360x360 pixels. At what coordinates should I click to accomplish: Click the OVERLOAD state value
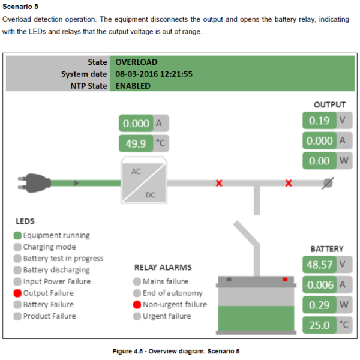click(136, 62)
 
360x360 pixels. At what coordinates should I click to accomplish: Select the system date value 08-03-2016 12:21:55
click(154, 74)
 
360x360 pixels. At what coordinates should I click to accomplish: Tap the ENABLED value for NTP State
click(133, 86)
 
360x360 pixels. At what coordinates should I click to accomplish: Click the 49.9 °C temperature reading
click(136, 143)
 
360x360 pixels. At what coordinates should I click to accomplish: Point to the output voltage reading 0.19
click(319, 121)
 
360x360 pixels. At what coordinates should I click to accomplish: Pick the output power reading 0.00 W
click(319, 161)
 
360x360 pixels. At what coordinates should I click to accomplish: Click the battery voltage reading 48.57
click(319, 264)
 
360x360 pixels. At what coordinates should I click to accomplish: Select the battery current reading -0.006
click(319, 285)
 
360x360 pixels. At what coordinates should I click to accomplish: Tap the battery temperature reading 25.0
click(319, 326)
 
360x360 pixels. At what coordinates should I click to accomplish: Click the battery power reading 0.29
click(319, 305)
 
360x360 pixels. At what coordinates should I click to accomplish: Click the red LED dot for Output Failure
click(17, 293)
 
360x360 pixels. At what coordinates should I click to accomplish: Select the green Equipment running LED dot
click(17, 236)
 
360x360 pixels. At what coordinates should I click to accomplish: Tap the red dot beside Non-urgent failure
click(137, 305)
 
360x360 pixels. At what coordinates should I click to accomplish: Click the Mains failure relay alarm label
click(165, 281)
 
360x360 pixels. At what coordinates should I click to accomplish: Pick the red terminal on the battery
click(284, 279)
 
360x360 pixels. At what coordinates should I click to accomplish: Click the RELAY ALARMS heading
click(163, 268)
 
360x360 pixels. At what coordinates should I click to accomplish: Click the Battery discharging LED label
click(57, 270)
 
